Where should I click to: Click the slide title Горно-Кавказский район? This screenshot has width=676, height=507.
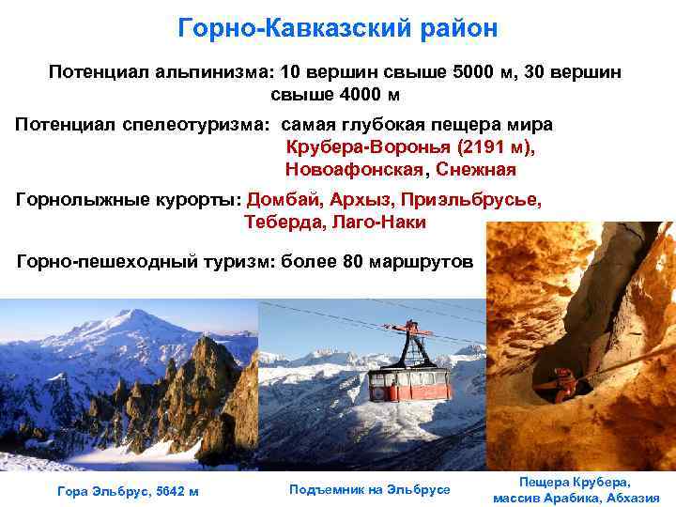pos(338,28)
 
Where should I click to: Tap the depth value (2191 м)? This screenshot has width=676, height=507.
pos(499,147)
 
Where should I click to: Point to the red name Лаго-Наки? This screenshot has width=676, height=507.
pos(378,223)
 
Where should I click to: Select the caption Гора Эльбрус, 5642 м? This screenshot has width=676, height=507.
pos(128,491)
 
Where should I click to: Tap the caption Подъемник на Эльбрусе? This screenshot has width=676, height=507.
pos(370,489)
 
